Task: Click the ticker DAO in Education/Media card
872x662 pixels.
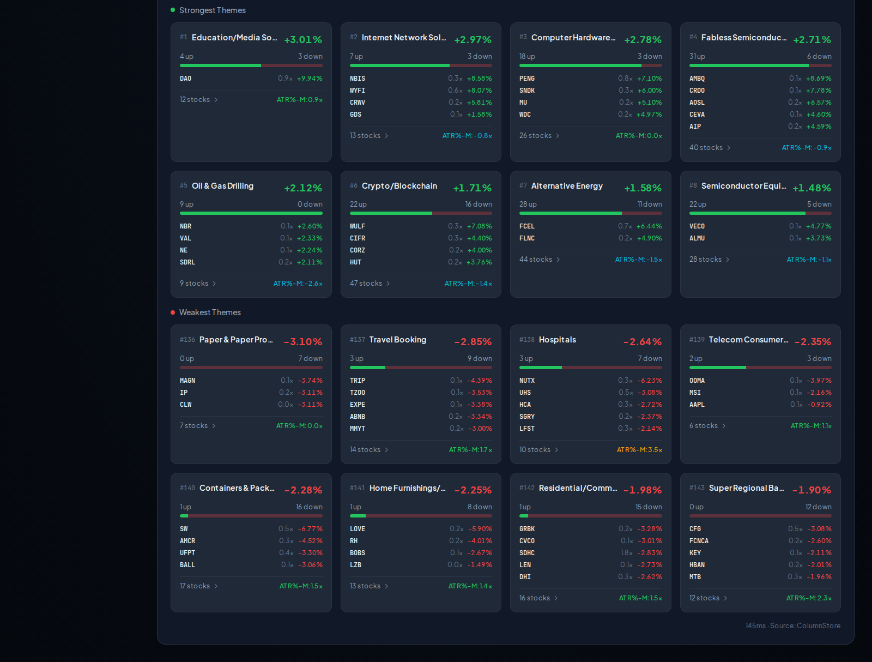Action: pos(185,79)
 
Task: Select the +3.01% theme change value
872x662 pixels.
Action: pos(303,40)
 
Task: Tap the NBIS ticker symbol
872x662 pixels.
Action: pos(357,79)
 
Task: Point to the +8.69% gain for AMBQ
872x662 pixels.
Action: pos(819,79)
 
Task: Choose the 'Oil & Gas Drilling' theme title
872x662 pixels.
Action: pos(222,186)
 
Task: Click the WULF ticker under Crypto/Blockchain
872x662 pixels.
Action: pos(357,226)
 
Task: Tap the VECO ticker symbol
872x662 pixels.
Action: pos(697,226)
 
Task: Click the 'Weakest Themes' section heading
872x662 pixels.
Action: pos(210,312)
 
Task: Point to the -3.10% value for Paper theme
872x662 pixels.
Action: pos(303,342)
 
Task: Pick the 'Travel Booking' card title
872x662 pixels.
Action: pos(398,340)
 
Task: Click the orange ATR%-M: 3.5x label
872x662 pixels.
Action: pos(639,450)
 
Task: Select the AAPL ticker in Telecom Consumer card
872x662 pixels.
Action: pos(697,405)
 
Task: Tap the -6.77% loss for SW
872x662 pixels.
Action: pos(310,529)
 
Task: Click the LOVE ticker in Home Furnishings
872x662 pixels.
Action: pos(357,529)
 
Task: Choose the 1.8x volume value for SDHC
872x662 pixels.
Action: pos(627,553)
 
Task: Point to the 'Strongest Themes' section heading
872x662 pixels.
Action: pos(212,10)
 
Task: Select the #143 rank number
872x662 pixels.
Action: pos(697,488)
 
